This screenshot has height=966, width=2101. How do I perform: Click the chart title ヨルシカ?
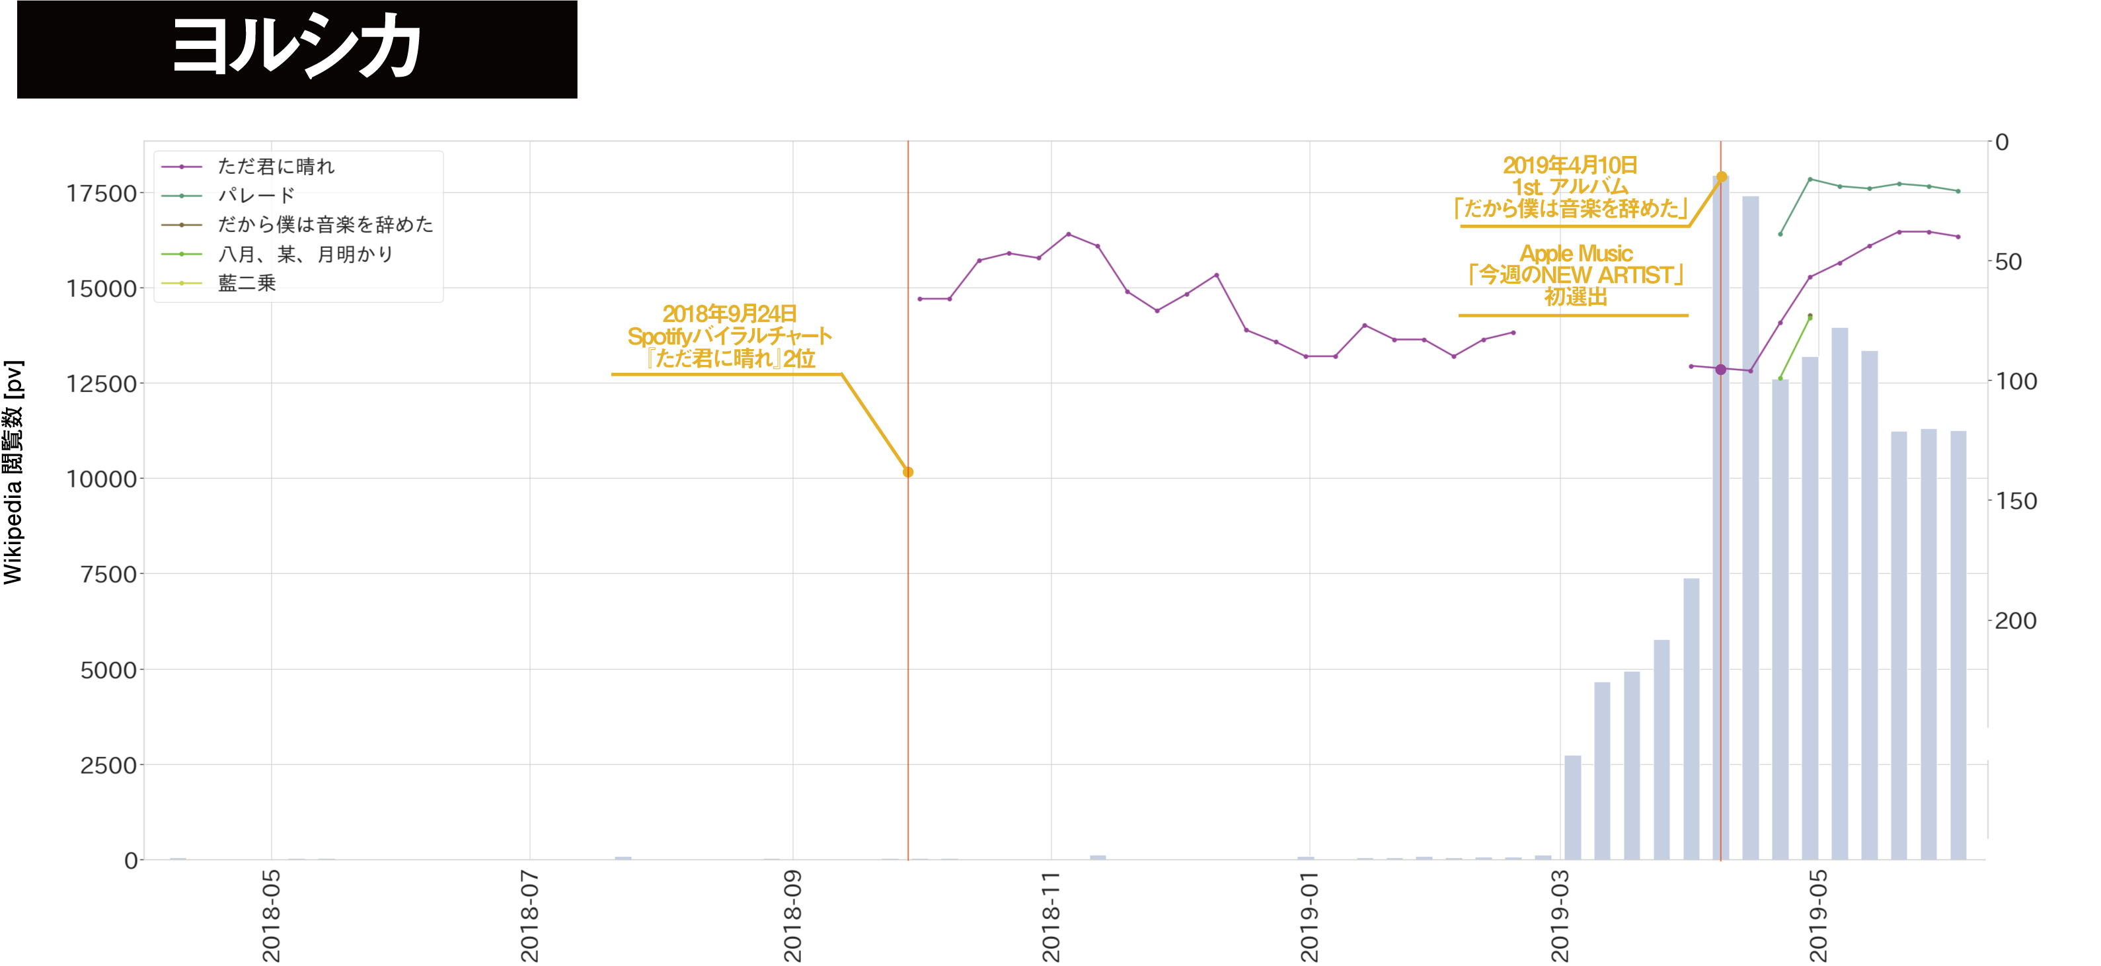point(297,48)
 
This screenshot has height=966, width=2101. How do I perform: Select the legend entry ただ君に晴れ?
point(276,167)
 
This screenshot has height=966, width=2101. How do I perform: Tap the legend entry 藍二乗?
point(247,283)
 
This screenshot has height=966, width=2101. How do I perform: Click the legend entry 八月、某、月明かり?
point(306,255)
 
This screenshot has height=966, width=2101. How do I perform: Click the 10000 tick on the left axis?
point(101,479)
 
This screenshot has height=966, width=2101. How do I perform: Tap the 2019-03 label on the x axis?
point(1560,915)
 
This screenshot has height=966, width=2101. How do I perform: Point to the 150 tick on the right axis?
point(2016,501)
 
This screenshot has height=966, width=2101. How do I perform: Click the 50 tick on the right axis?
point(2008,262)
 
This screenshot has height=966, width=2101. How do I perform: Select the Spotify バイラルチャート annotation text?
point(729,336)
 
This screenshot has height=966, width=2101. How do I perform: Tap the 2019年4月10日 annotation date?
point(1570,165)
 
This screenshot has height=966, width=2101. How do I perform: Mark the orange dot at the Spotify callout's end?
point(908,471)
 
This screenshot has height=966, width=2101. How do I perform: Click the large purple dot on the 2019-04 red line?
point(1721,370)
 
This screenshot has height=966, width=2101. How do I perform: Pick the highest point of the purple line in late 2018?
point(1069,234)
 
